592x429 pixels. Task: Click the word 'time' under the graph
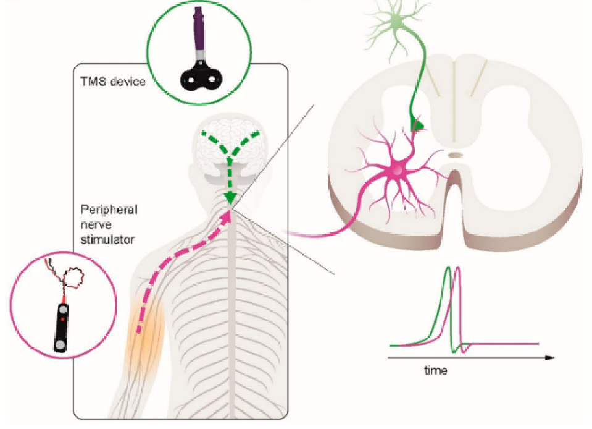435,371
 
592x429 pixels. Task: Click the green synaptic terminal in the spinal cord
419,125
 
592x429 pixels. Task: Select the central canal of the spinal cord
455,155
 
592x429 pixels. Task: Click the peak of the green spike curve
446,268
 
